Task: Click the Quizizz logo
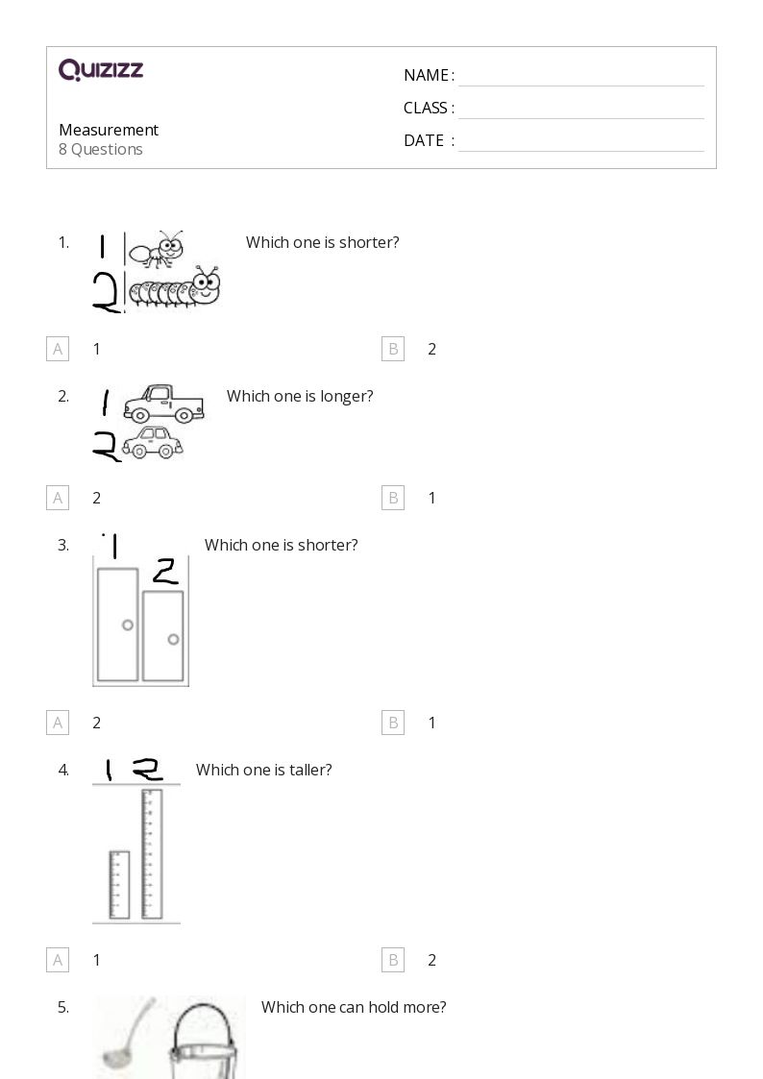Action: (x=101, y=70)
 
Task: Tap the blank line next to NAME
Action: (x=580, y=77)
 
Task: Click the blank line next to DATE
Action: (x=580, y=141)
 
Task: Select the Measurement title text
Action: (x=109, y=130)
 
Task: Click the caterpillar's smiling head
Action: (x=205, y=285)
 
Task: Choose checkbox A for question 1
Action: (x=58, y=349)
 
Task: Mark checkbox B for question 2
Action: (x=393, y=498)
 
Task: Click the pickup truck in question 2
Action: (x=163, y=404)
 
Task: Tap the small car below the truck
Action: (x=153, y=443)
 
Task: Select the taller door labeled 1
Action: (x=117, y=625)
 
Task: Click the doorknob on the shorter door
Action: (x=173, y=639)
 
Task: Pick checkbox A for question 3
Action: (x=58, y=723)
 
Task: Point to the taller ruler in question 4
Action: (x=151, y=853)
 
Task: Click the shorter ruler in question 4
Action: (x=118, y=884)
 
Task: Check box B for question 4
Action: (x=393, y=960)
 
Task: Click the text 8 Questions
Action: (x=101, y=150)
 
